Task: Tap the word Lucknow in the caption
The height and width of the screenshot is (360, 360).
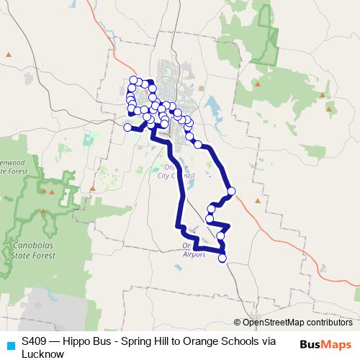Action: (42, 354)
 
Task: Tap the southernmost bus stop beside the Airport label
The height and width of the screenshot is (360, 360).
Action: (222, 258)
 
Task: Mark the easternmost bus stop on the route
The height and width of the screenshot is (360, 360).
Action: (231, 192)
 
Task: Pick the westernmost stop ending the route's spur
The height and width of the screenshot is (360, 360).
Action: (127, 127)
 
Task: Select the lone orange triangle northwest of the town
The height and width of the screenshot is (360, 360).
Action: (8, 55)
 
